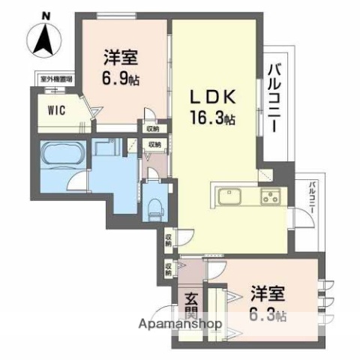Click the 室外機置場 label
[x=54, y=78]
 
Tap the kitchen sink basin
[x=229, y=197]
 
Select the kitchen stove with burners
[x=269, y=198]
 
